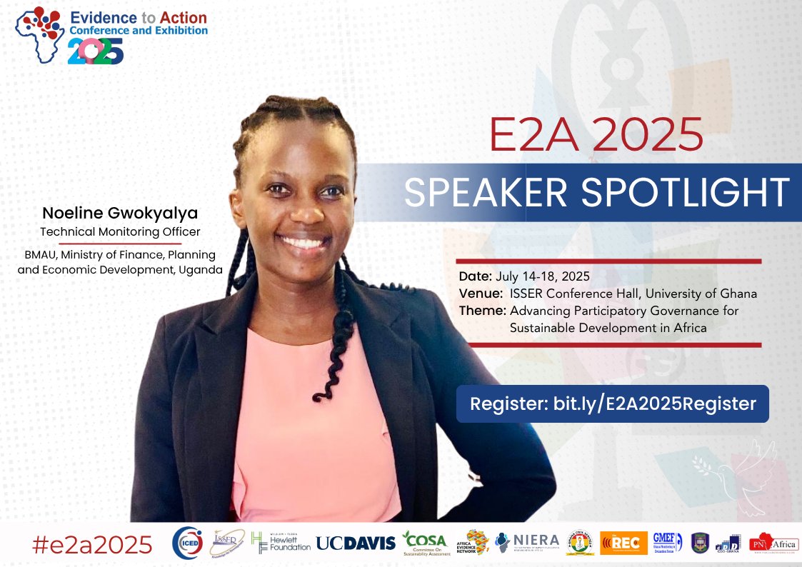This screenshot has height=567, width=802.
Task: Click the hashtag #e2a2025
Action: pos(92,545)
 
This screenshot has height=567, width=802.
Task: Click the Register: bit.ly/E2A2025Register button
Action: pos(612,403)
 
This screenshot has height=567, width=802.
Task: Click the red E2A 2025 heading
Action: pos(596,134)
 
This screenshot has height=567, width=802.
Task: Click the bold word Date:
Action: pos(475,276)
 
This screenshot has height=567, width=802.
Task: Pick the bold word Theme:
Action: pos(482,311)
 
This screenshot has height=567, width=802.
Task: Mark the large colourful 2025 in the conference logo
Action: pos(96,51)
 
